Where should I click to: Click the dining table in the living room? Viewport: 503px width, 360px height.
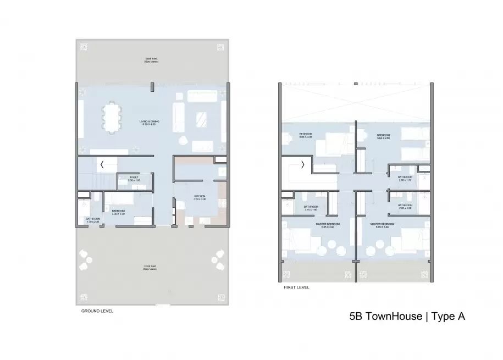(112, 118)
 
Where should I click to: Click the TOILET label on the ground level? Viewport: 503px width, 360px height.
(134, 179)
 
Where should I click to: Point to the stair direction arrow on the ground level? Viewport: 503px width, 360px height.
(102, 164)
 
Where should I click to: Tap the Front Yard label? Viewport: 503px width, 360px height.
(151, 268)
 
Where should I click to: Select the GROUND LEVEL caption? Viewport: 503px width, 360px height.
(97, 311)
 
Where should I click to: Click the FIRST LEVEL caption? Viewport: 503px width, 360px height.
(296, 287)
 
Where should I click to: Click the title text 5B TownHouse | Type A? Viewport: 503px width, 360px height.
(408, 317)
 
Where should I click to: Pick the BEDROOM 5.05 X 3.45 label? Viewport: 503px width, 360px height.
(306, 136)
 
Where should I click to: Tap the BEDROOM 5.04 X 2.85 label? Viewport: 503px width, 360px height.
(383, 136)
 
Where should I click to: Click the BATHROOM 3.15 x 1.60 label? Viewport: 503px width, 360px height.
(304, 208)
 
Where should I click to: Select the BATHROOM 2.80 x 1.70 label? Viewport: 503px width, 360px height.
(405, 178)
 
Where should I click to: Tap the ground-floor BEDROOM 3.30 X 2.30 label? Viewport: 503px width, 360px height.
(119, 212)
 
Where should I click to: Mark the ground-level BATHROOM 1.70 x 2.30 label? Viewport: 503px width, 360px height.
(92, 220)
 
